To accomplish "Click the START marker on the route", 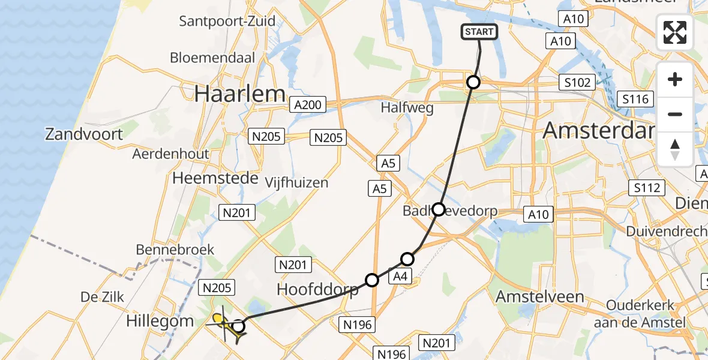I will [479, 32].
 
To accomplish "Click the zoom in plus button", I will [675, 80].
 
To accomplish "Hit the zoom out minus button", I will [675, 114].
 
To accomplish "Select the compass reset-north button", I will [675, 149].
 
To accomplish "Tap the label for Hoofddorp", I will [317, 289].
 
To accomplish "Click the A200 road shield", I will [308, 106].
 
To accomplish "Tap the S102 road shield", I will [577, 83].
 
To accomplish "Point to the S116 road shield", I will [635, 99].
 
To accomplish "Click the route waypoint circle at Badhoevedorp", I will [439, 209].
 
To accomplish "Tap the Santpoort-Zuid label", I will [227, 22].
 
